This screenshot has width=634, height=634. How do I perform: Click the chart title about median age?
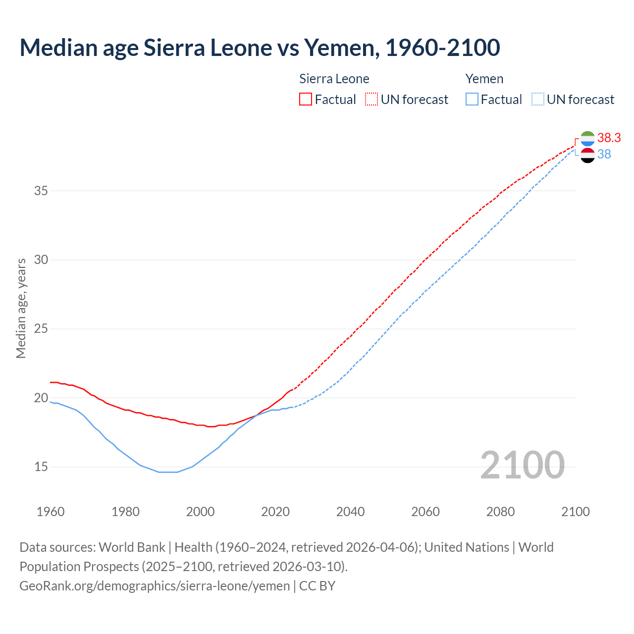(260, 48)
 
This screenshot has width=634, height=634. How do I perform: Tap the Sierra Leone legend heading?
(334, 79)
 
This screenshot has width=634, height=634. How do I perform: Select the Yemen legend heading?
(484, 79)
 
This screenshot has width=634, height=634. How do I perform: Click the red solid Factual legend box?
(306, 100)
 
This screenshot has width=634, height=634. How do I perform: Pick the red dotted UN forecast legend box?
(371, 100)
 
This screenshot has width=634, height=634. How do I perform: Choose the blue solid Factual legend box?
(472, 100)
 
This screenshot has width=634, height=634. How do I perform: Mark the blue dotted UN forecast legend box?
(538, 100)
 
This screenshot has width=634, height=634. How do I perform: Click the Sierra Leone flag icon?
(587, 139)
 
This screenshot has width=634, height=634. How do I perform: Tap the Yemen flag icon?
(587, 155)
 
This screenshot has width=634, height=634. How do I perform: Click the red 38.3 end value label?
(609, 138)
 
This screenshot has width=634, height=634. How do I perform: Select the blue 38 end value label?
(604, 155)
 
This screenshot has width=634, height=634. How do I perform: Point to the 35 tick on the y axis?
(41, 191)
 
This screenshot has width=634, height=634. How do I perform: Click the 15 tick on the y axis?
(41, 467)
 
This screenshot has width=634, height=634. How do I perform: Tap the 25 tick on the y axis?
(41, 329)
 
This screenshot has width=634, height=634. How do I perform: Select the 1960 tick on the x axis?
(51, 512)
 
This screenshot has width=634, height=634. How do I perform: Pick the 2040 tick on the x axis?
(350, 512)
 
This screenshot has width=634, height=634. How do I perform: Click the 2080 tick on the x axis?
(500, 512)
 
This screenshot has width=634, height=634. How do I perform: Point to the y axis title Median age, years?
(21, 308)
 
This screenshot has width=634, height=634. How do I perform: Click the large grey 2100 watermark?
(522, 465)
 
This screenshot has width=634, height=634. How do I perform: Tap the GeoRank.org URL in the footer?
(155, 586)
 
